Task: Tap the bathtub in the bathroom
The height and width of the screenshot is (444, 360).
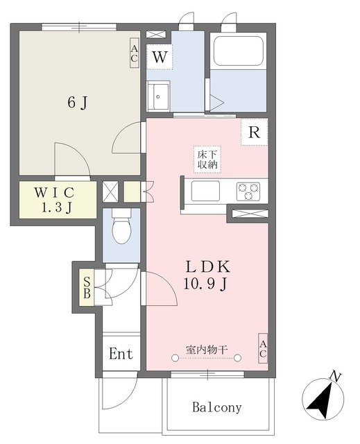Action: point(239,51)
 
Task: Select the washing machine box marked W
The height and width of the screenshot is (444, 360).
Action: point(160,57)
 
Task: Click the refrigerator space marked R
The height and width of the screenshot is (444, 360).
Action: point(254,132)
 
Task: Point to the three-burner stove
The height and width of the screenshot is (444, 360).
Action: point(248,191)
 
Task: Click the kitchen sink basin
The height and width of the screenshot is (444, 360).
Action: point(205,191)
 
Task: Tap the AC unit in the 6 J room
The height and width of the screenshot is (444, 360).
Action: point(134,53)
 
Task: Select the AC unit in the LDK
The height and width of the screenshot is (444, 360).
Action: point(263,348)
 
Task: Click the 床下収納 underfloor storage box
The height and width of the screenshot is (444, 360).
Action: point(207,160)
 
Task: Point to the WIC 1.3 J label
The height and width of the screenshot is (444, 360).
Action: point(55,200)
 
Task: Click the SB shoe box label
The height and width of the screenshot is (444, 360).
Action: point(87,287)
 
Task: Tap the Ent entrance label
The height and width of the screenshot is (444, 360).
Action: point(121,354)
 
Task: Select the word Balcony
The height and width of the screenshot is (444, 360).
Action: point(217,407)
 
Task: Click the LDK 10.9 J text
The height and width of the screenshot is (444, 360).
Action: point(207,275)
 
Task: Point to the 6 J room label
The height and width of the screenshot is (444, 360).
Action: point(78,102)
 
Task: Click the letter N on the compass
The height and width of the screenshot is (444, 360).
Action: point(336,377)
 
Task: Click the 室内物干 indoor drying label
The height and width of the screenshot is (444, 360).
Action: point(207,350)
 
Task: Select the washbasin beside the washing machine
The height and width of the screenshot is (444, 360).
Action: point(158,96)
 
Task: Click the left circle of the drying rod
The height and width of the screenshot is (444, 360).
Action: point(175,358)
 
